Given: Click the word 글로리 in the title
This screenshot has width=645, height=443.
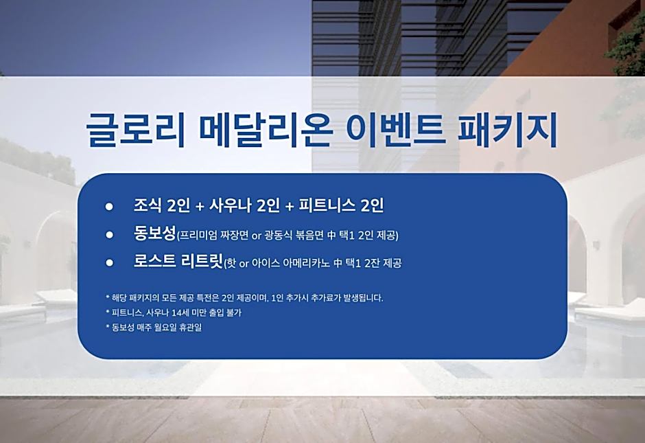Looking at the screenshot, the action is tap(135, 129).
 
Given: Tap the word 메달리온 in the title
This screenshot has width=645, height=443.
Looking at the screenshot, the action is tap(266, 129).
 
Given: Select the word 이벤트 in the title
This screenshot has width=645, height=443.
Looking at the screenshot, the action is tap(396, 129).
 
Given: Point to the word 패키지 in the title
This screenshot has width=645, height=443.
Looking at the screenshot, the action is tap(507, 129).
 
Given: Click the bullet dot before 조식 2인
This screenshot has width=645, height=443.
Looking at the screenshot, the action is tap(109, 206).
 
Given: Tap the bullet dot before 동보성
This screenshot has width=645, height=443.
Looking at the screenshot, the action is tap(109, 235).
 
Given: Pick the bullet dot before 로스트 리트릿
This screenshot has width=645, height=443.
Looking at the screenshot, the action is tap(109, 262).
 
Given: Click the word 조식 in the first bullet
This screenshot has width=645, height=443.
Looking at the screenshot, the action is tap(148, 205).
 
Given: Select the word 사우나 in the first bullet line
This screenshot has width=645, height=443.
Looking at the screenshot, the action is tap(231, 205).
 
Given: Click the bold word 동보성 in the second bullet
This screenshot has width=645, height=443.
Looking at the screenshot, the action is tap(154, 234).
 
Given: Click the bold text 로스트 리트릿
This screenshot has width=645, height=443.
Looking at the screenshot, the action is tap(178, 261).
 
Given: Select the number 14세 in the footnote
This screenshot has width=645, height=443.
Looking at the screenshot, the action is tap(178, 313).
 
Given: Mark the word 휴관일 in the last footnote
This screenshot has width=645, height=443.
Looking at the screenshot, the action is tap(191, 328).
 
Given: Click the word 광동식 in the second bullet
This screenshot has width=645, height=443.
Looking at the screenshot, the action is tap(278, 236).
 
